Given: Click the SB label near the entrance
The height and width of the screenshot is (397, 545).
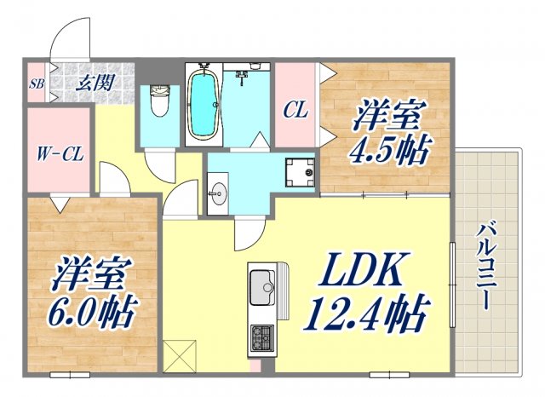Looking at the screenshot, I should click(x=37, y=83).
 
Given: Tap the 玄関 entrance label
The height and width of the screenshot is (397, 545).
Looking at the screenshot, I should click(x=93, y=83).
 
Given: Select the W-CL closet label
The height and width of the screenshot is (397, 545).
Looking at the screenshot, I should click(x=56, y=155).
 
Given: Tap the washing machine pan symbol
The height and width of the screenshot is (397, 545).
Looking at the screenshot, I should click(x=300, y=172).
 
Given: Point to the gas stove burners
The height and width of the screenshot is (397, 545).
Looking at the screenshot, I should click(x=260, y=339).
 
